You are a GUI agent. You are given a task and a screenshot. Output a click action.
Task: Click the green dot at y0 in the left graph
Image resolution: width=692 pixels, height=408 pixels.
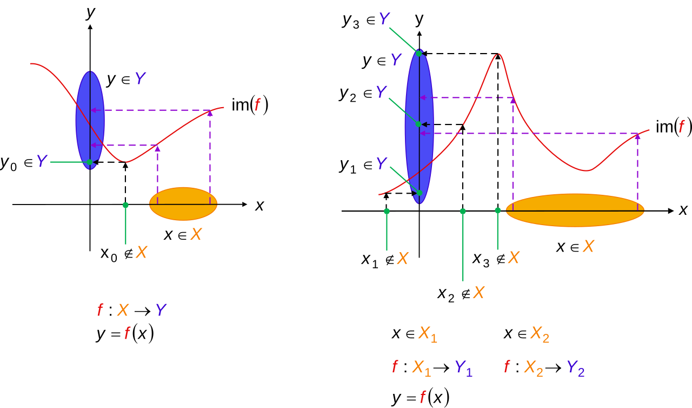pyautogui.click(x=90, y=162)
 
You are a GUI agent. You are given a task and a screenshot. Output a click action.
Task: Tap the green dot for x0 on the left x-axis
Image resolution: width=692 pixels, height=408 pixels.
pyautogui.click(x=125, y=205)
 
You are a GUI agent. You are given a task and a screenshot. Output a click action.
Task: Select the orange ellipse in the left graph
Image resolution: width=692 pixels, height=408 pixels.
pyautogui.click(x=183, y=203)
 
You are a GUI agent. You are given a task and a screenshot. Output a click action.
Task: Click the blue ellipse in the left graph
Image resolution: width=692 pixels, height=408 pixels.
pyautogui.click(x=90, y=120)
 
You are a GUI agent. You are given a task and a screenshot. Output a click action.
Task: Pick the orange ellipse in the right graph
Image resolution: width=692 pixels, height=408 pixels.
pyautogui.click(x=575, y=210)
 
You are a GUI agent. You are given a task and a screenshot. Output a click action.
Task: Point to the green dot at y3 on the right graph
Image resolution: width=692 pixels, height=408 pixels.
pyautogui.click(x=419, y=54)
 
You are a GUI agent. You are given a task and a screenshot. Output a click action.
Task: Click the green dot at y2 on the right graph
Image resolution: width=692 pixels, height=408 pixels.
pyautogui.click(x=418, y=124)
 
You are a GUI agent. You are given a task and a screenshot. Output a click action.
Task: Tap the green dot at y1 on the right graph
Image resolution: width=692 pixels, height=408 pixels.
pyautogui.click(x=420, y=193)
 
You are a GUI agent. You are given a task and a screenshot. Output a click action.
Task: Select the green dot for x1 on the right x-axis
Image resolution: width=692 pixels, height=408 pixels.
pyautogui.click(x=387, y=211)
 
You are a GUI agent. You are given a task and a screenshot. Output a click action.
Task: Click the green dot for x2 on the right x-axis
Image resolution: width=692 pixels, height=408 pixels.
pyautogui.click(x=463, y=211)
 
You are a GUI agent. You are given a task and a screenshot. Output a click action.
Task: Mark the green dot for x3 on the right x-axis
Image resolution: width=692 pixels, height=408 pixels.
pyautogui.click(x=498, y=210)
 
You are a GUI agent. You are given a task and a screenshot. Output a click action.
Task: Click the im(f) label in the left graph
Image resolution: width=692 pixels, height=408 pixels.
pyautogui.click(x=250, y=105)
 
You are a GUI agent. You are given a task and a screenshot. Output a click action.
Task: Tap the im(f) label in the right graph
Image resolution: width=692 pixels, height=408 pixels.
pyautogui.click(x=674, y=127)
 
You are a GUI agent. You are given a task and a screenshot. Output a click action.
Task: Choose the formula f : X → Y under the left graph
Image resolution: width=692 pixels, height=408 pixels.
pyautogui.click(x=132, y=310)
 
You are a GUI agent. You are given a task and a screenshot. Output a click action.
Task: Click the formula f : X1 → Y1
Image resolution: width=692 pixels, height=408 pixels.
pyautogui.click(x=432, y=368)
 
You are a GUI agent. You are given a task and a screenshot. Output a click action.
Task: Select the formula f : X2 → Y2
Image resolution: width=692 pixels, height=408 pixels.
pyautogui.click(x=544, y=368)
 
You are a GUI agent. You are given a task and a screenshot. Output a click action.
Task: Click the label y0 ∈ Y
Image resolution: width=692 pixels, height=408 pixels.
pyautogui.click(x=24, y=162)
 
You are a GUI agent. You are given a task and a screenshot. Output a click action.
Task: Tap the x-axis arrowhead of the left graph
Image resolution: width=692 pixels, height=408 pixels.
pyautogui.click(x=245, y=205)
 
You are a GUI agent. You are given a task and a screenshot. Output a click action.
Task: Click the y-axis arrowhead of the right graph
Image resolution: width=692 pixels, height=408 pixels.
pyautogui.click(x=419, y=34)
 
